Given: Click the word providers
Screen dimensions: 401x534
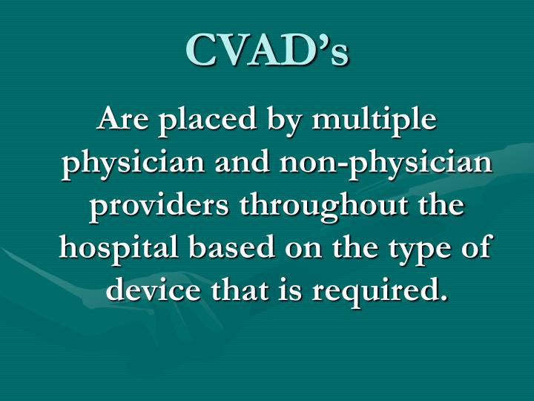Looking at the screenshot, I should [x=151, y=205].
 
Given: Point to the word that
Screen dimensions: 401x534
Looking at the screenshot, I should [x=235, y=287].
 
